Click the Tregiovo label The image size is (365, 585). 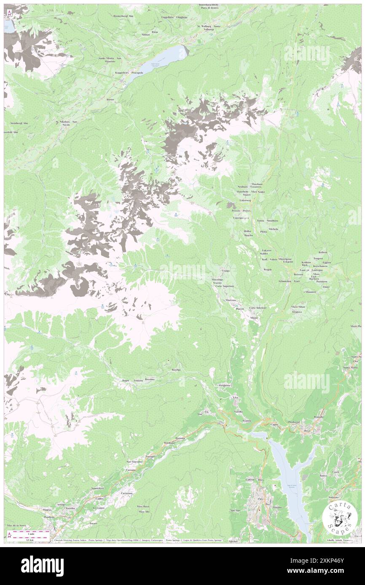tap(297, 312)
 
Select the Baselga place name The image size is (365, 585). tap(176, 370)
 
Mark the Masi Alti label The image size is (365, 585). tap(144, 511)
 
